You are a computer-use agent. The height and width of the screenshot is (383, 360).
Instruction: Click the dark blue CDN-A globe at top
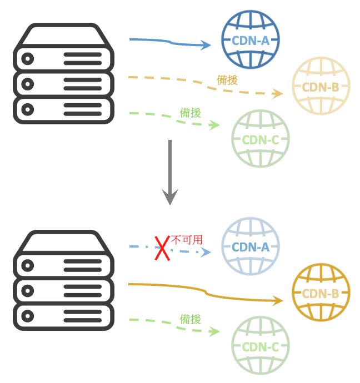click(250, 40)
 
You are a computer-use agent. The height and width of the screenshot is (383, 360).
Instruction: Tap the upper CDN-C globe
click(260, 139)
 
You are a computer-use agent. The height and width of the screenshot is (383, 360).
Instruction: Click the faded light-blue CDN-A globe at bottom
click(250, 246)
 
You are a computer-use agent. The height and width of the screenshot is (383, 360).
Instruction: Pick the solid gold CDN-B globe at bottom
click(321, 293)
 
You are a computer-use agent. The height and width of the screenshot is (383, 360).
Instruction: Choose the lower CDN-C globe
click(260, 346)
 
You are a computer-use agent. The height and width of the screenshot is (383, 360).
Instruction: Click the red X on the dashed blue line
click(162, 248)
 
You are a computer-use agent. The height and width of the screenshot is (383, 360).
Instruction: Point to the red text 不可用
click(186, 240)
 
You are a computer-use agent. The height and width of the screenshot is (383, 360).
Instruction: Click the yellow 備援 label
click(227, 80)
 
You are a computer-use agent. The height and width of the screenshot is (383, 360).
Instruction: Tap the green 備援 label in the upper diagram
click(190, 113)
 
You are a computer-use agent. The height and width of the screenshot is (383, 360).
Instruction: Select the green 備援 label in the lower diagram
click(190, 319)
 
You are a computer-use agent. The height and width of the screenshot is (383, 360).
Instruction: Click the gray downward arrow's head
click(170, 196)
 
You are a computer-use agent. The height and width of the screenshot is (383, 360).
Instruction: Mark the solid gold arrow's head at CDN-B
click(278, 300)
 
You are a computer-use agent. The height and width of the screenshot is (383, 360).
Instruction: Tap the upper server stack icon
click(63, 73)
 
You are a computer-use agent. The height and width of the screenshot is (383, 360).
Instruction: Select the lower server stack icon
click(63, 280)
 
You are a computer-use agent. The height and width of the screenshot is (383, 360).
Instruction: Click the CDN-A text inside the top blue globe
click(250, 40)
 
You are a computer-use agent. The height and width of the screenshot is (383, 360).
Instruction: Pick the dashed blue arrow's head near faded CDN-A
click(207, 253)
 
